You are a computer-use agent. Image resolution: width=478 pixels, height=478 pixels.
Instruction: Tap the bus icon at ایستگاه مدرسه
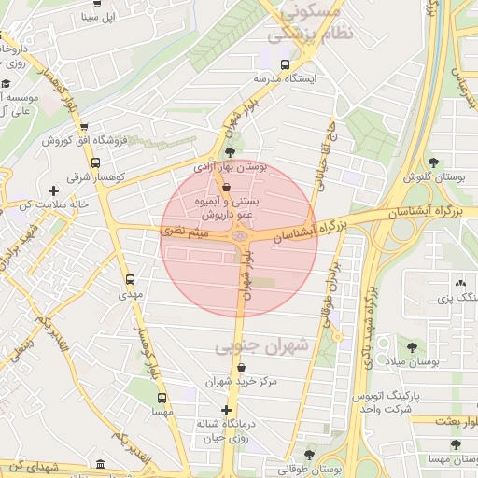coord(285,65)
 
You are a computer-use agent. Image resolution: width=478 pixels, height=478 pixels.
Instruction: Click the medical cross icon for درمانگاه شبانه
coord(225,410)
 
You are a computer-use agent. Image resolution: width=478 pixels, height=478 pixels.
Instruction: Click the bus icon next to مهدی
coord(129,278)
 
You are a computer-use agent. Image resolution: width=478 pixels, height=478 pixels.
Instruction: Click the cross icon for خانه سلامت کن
coord(54,190)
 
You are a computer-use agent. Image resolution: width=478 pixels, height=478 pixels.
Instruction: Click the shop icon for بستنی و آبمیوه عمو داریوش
coord(227,186)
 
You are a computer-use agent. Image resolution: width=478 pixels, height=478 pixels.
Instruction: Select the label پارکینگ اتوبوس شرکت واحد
coord(400,403)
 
